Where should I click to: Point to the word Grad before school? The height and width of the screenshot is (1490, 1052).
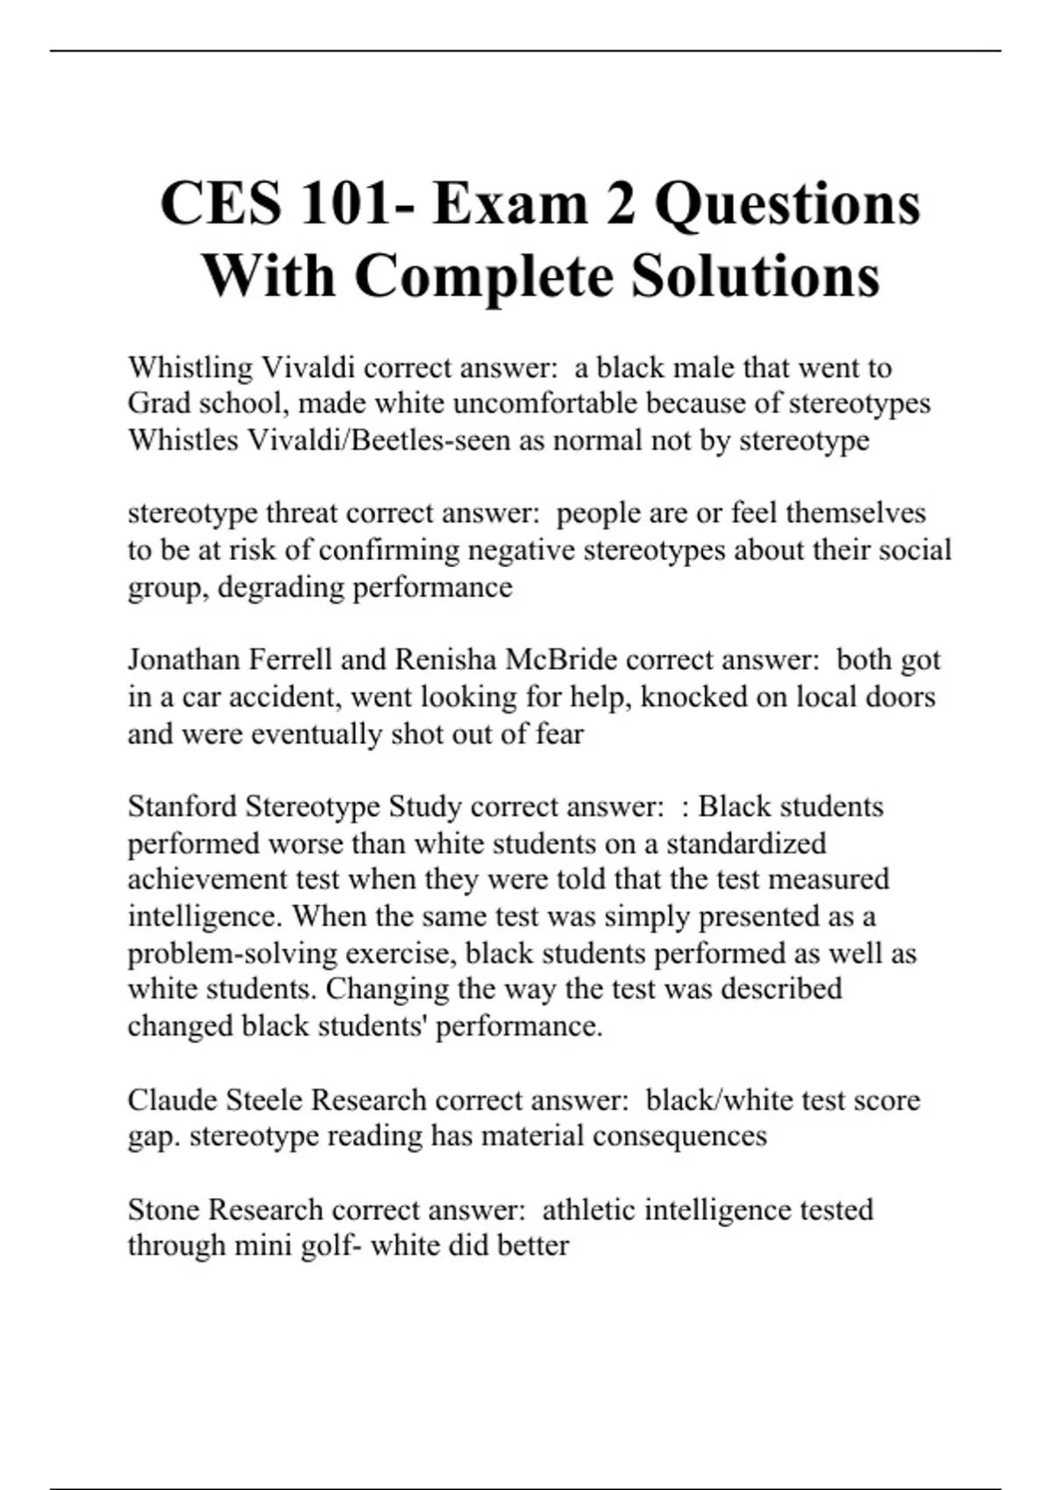160,403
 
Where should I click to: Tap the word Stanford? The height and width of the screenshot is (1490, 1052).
182,806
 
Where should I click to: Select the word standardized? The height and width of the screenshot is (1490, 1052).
746,843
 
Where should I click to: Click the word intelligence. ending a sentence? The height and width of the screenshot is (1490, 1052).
205,917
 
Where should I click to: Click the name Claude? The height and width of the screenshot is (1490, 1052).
171,1100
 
